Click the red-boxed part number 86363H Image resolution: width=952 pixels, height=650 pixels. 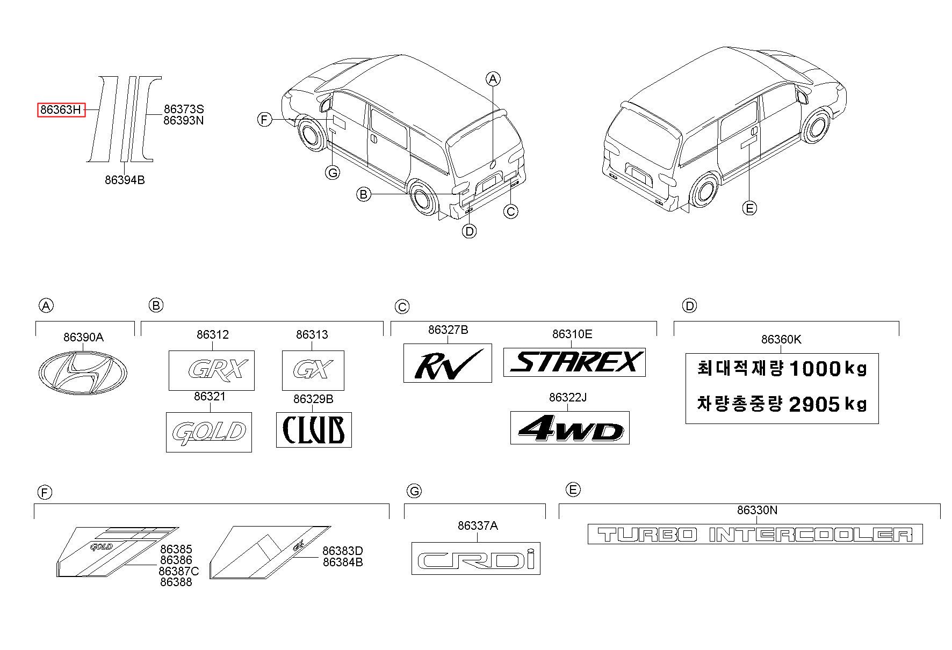61,110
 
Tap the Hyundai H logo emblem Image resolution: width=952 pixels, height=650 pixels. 83,371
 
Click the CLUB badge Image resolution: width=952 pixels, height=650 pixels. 314,429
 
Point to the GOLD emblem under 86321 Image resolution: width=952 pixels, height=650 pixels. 209,432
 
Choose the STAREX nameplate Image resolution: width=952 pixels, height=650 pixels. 574,362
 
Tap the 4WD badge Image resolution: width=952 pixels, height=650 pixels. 570,428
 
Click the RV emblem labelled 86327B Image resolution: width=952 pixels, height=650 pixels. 448,363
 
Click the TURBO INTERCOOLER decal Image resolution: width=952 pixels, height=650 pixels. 755,534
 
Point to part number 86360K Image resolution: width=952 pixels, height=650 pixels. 781,339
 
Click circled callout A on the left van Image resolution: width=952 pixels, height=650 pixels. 493,79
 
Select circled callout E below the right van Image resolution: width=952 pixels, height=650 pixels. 749,208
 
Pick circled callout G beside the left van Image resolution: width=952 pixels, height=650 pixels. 333,173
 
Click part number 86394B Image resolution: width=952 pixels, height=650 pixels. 125,180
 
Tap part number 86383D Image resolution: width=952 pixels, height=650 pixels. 343,551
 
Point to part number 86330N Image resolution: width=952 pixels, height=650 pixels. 757,510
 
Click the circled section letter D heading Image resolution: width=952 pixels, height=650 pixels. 689,306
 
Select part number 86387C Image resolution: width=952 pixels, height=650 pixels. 178,571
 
